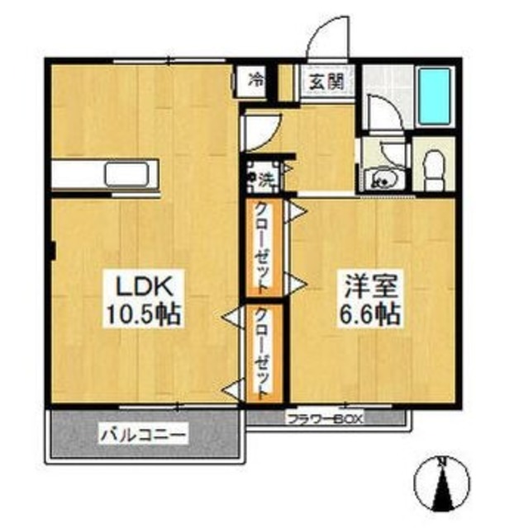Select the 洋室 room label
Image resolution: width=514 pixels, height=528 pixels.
[x=372, y=288]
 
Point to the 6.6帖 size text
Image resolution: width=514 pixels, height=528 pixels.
[x=372, y=314]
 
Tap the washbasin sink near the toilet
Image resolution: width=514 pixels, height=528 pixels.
[x=385, y=178]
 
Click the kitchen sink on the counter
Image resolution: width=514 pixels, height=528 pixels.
[x=127, y=175]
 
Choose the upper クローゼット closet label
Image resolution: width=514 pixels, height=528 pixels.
[x=261, y=247]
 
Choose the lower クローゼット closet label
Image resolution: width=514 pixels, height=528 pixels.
[x=261, y=354]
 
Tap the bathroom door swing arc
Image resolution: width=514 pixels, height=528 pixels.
[x=382, y=115]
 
